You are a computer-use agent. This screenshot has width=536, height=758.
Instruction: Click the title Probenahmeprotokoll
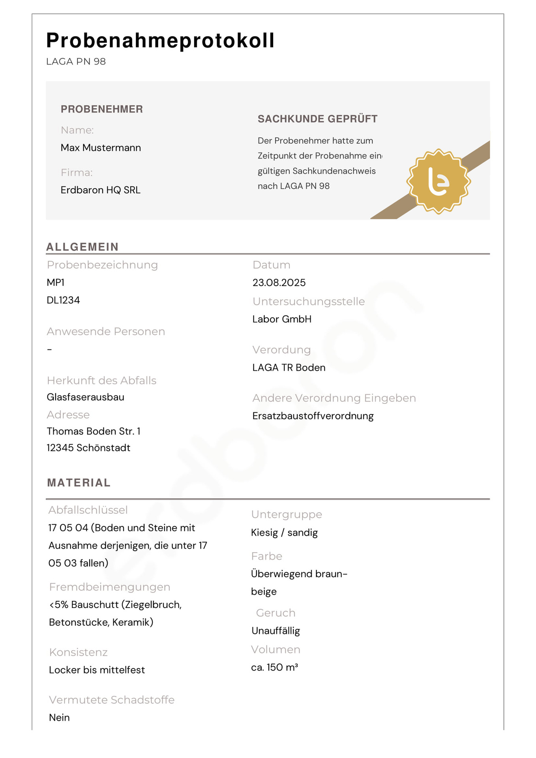pyautogui.click(x=160, y=40)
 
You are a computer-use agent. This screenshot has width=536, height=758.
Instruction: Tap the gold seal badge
pyautogui.click(x=438, y=182)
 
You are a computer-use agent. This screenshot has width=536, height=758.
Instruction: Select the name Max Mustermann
pyautogui.click(x=101, y=148)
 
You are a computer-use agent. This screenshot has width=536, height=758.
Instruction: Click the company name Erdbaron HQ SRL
pyautogui.click(x=100, y=190)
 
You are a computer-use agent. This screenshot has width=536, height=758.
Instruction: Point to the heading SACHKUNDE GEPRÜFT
pyautogui.click(x=317, y=119)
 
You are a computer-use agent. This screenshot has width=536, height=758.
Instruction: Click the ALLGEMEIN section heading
pyautogui.click(x=82, y=247)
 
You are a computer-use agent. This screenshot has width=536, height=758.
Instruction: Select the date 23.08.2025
pyautogui.click(x=279, y=283)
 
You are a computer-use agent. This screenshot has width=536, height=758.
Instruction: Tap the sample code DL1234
pyautogui.click(x=63, y=300)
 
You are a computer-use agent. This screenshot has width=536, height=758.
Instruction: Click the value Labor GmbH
pyautogui.click(x=281, y=319)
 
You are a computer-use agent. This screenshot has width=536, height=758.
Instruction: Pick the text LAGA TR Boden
pyautogui.click(x=289, y=368)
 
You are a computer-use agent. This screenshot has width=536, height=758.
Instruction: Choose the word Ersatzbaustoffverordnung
pyautogui.click(x=313, y=416)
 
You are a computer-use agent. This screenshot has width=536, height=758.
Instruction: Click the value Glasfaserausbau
pyautogui.click(x=85, y=397)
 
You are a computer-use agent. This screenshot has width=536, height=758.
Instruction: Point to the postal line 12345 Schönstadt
pyautogui.click(x=88, y=448)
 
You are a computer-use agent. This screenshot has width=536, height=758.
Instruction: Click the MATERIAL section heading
pyautogui.click(x=79, y=482)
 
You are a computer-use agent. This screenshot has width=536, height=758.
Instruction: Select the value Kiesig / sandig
pyautogui.click(x=284, y=533)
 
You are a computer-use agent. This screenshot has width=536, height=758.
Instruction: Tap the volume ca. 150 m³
pyautogui.click(x=274, y=667)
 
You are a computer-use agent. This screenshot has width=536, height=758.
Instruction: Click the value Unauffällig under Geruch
pyautogui.click(x=275, y=630)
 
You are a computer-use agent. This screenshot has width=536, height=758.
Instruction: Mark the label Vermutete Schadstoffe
pyautogui.click(x=111, y=700)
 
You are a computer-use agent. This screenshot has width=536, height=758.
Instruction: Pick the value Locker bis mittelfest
pyautogui.click(x=97, y=670)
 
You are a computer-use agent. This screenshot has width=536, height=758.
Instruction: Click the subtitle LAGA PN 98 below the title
pyautogui.click(x=76, y=62)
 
